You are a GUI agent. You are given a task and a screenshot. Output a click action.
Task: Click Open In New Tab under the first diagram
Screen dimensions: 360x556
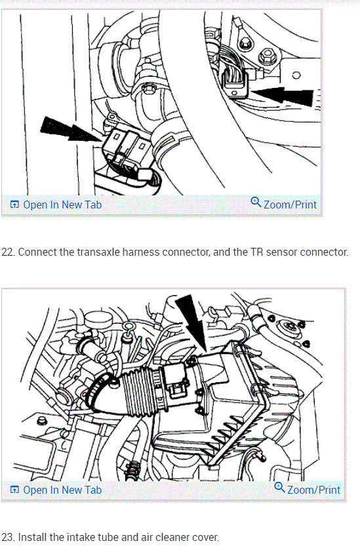pos(56,205)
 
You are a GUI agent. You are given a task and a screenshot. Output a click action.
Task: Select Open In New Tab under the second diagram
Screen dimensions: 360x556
pos(56,490)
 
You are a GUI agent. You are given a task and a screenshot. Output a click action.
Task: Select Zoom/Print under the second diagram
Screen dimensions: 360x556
pos(307,489)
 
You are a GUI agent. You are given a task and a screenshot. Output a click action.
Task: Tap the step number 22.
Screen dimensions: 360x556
pos(8,252)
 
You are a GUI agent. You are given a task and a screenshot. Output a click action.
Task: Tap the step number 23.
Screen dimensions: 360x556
pos(8,537)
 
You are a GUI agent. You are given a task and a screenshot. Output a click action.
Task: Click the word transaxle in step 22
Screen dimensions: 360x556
pos(98,252)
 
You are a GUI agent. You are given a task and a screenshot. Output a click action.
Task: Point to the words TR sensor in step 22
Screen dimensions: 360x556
pos(274,252)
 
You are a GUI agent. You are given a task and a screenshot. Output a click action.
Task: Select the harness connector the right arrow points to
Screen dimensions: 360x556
pos(235,83)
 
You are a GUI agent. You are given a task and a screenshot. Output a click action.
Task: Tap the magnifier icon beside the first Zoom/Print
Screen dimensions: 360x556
pos(256,202)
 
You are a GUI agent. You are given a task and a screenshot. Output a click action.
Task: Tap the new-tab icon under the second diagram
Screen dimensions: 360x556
pos(14,490)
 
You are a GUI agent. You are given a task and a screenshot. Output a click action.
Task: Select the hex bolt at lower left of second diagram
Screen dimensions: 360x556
pos(41,420)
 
